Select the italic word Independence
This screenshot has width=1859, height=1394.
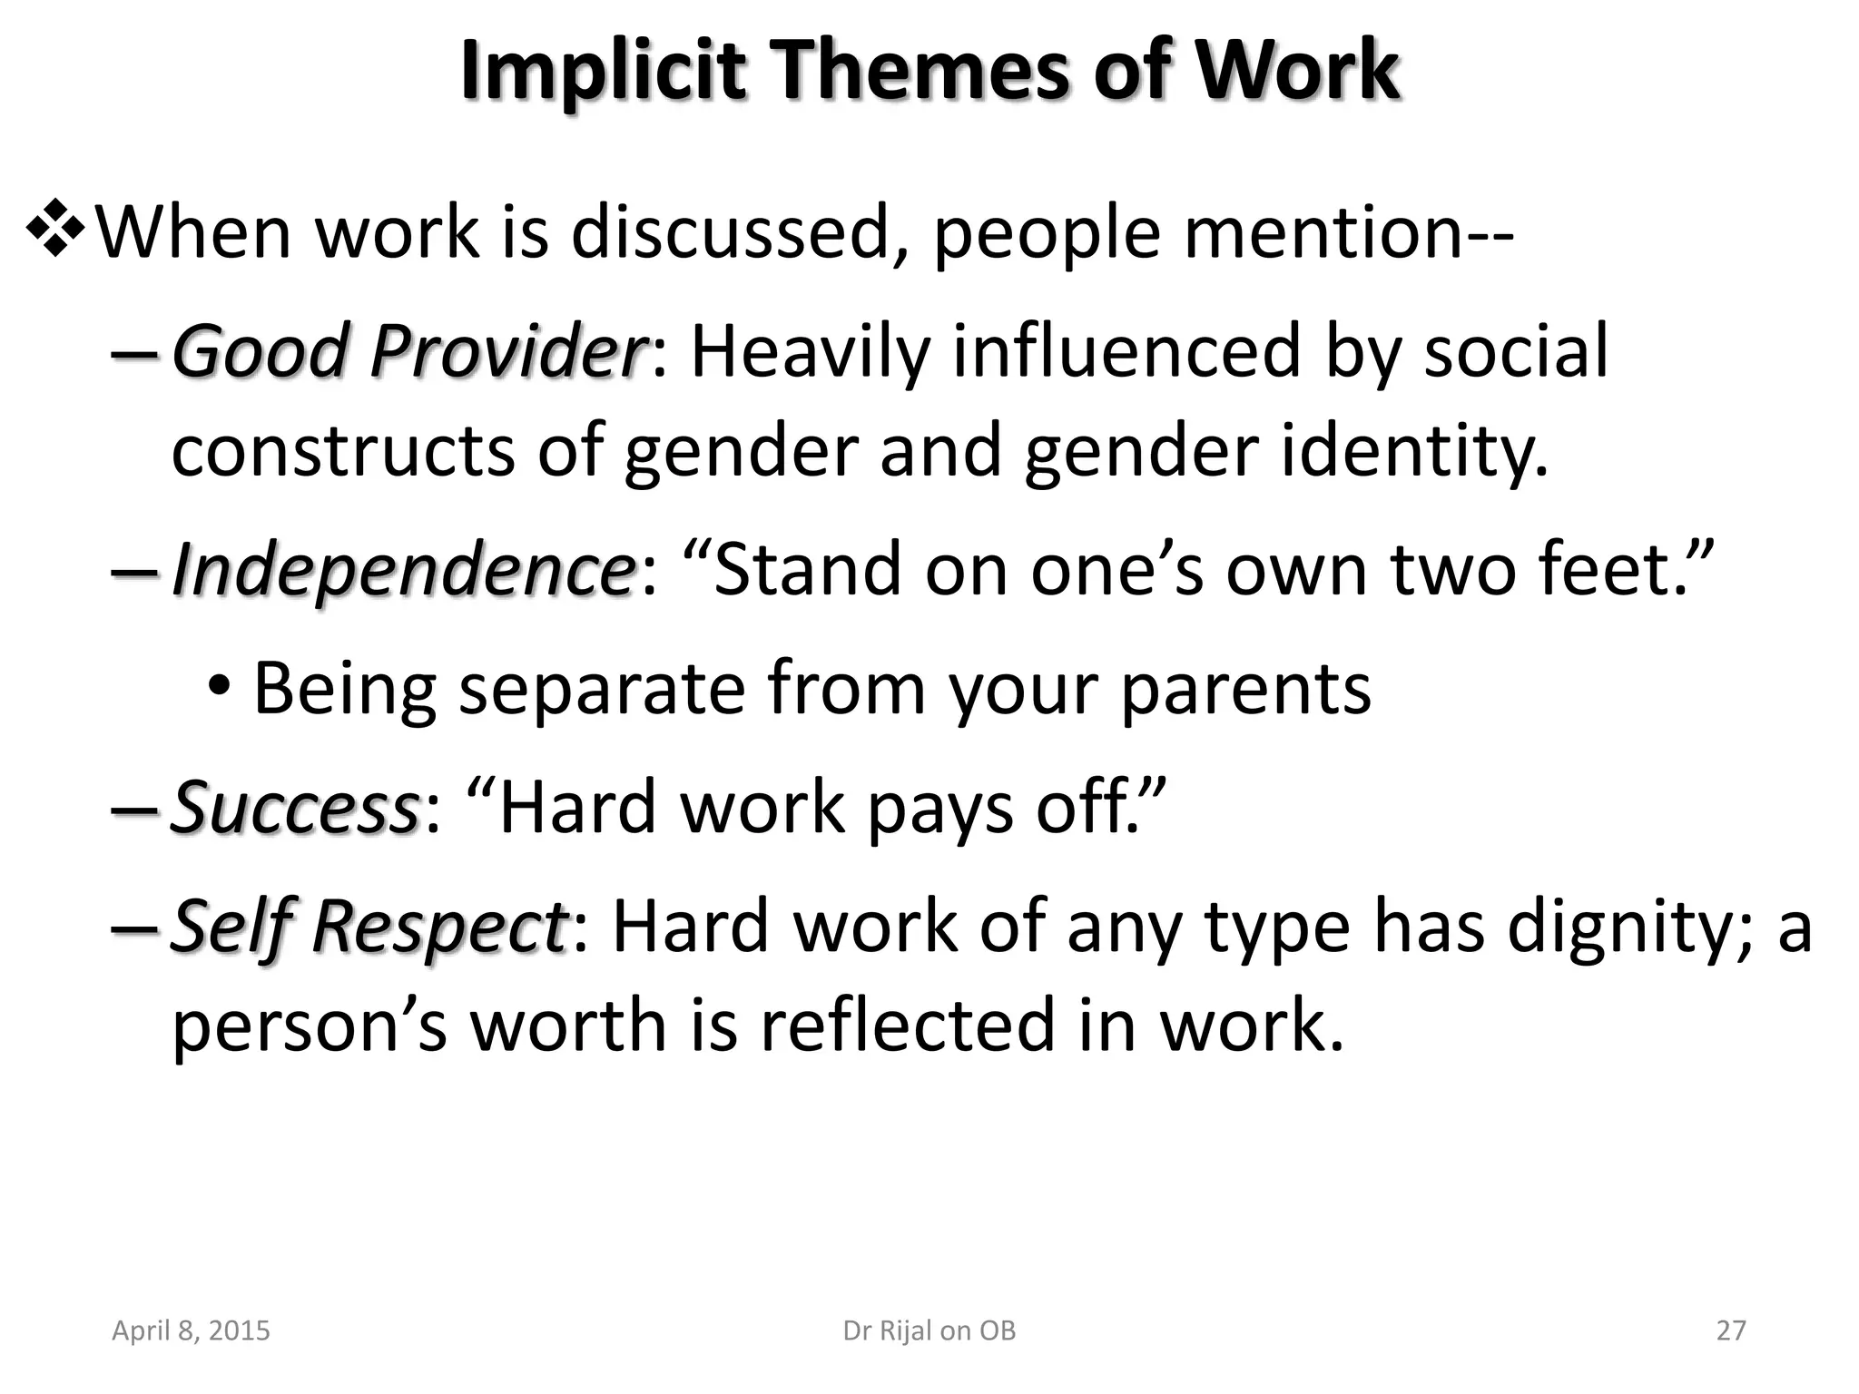(x=403, y=569)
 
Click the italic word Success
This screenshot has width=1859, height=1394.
(x=294, y=807)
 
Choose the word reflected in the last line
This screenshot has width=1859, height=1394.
(x=908, y=1025)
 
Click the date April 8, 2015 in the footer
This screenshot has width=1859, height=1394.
(x=191, y=1330)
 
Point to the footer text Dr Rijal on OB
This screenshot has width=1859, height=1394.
(x=929, y=1330)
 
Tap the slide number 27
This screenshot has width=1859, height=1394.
(x=1731, y=1330)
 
